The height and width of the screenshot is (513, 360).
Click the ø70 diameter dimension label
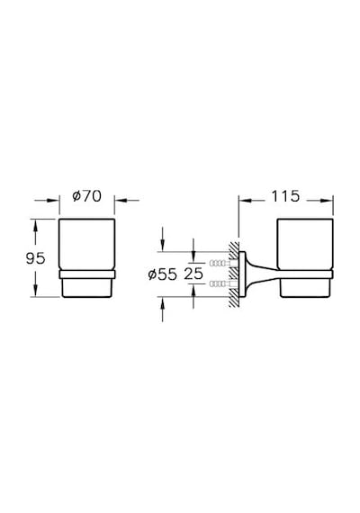coord(87,196)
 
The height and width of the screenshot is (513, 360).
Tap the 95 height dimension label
coord(35,259)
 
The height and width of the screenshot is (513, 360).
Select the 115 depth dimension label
coord(285,196)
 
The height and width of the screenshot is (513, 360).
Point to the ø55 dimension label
coord(162,274)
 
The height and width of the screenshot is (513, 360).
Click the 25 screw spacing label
coord(193,274)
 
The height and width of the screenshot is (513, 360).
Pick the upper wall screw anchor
coord(220,263)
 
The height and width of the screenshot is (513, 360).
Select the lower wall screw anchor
coord(220,283)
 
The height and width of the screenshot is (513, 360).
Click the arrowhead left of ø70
coord(53,200)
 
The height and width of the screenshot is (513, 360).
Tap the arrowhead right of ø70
coord(121,200)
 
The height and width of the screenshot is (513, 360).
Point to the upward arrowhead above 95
coord(35,226)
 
